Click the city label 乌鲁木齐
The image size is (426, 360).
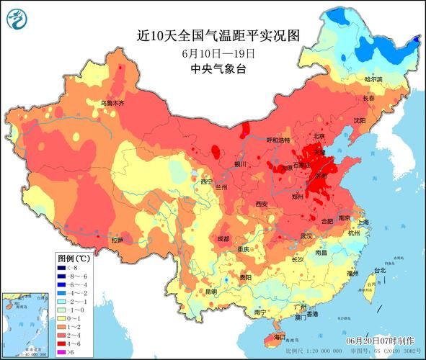click(x=112, y=104)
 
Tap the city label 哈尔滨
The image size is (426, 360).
click(x=375, y=79)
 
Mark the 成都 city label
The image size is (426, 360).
click(x=223, y=238)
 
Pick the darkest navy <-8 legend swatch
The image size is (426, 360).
click(x=63, y=266)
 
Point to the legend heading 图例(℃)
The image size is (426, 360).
click(x=74, y=257)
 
